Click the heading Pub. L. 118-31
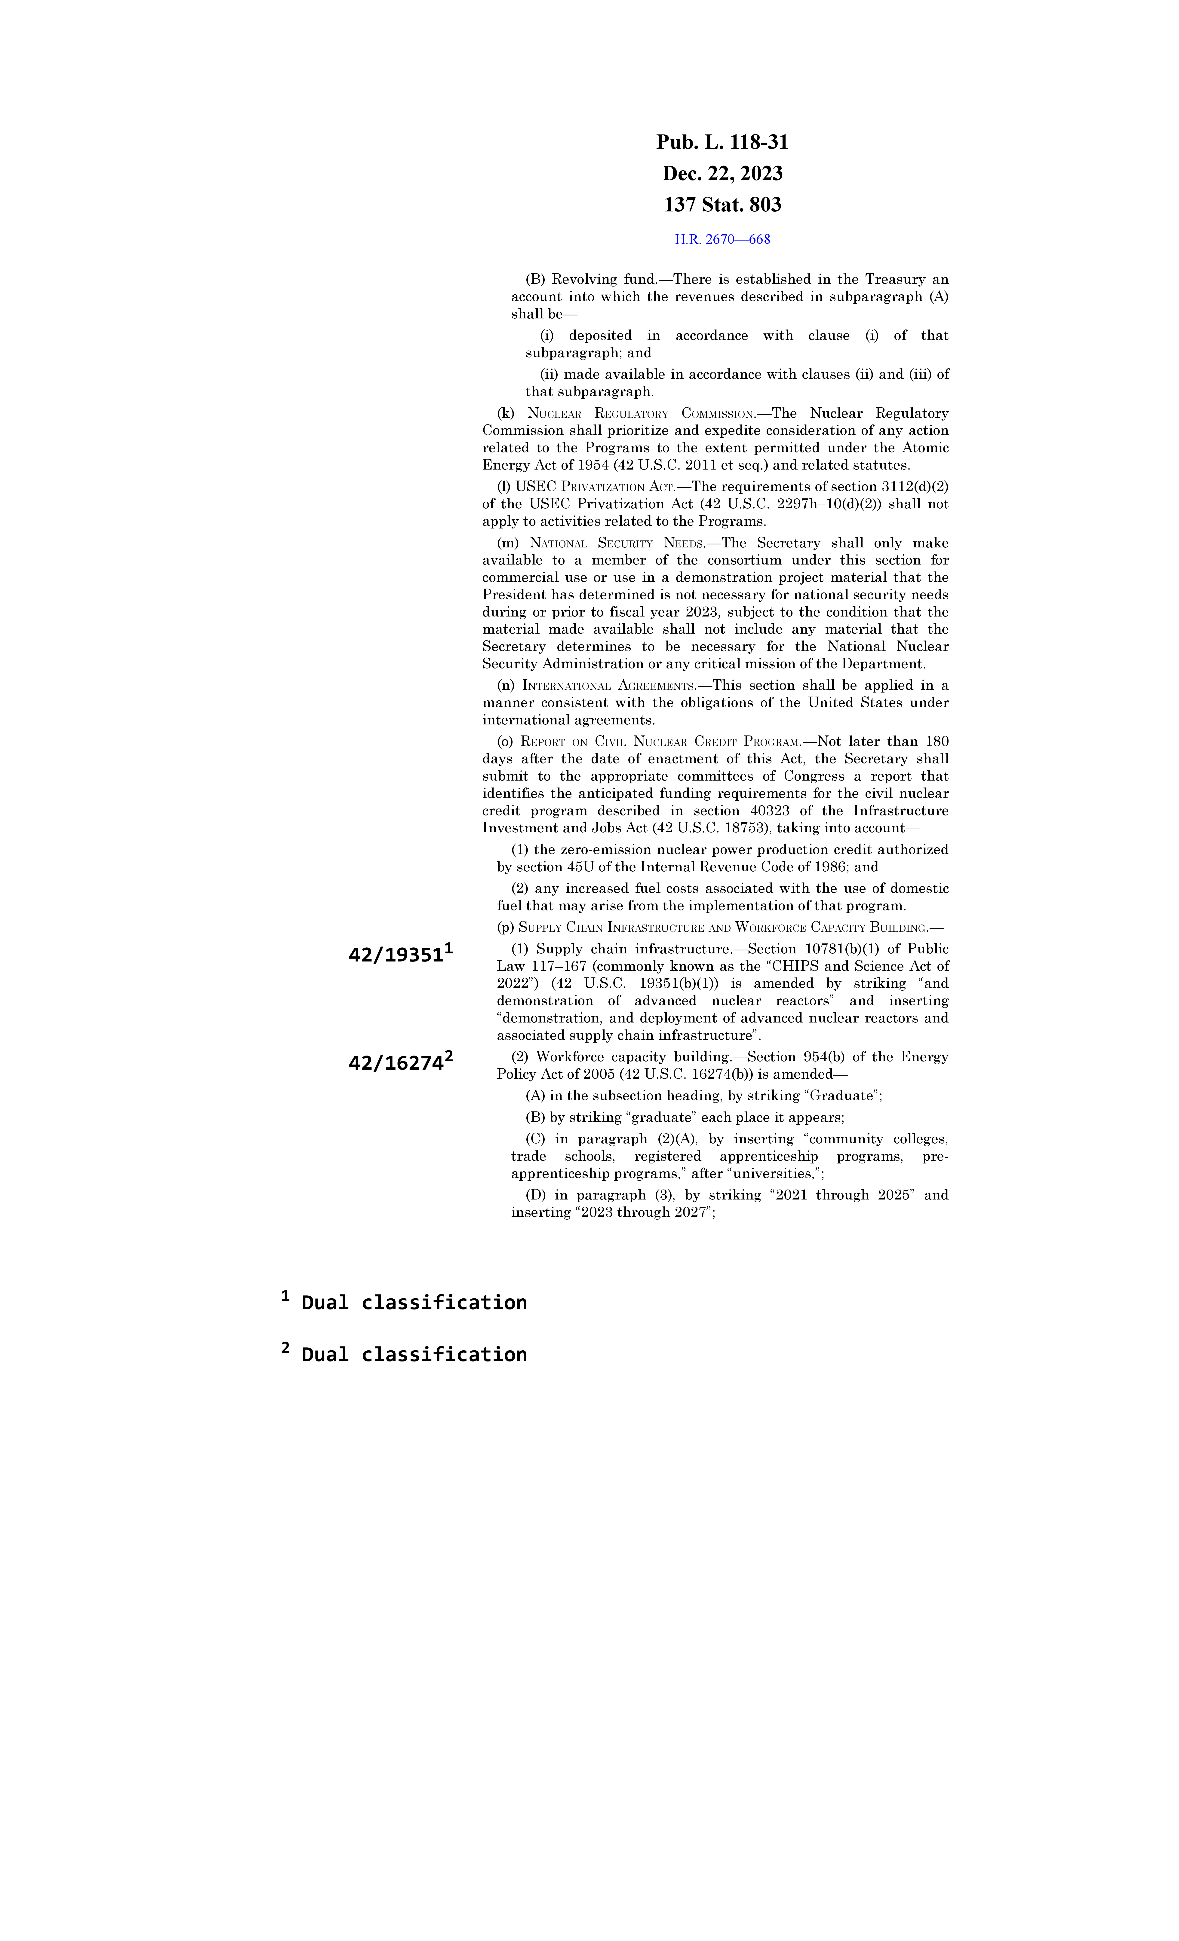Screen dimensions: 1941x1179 point(722,143)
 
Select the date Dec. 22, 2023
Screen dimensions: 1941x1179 point(722,173)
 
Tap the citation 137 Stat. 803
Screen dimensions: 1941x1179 point(722,205)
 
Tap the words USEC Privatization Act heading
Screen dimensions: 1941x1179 point(595,487)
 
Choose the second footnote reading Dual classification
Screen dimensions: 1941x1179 point(414,1355)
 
